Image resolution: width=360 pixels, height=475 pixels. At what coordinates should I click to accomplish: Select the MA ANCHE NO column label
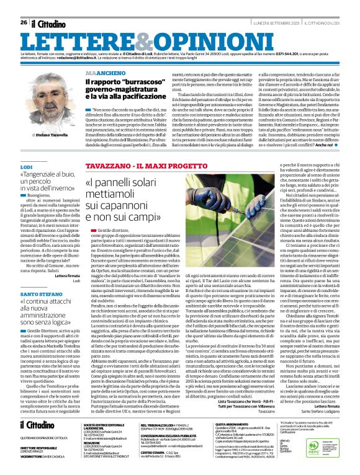tap(102, 73)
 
